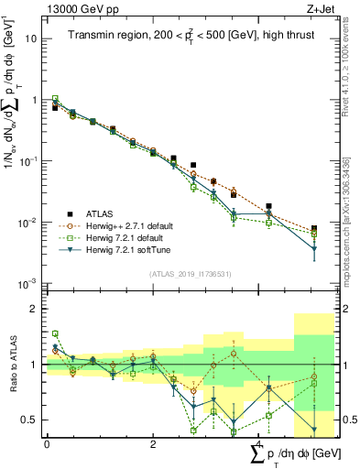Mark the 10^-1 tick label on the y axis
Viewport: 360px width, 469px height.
[29, 161]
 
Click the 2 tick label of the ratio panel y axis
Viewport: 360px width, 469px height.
[34, 309]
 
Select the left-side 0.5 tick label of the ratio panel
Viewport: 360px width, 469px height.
[30, 420]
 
